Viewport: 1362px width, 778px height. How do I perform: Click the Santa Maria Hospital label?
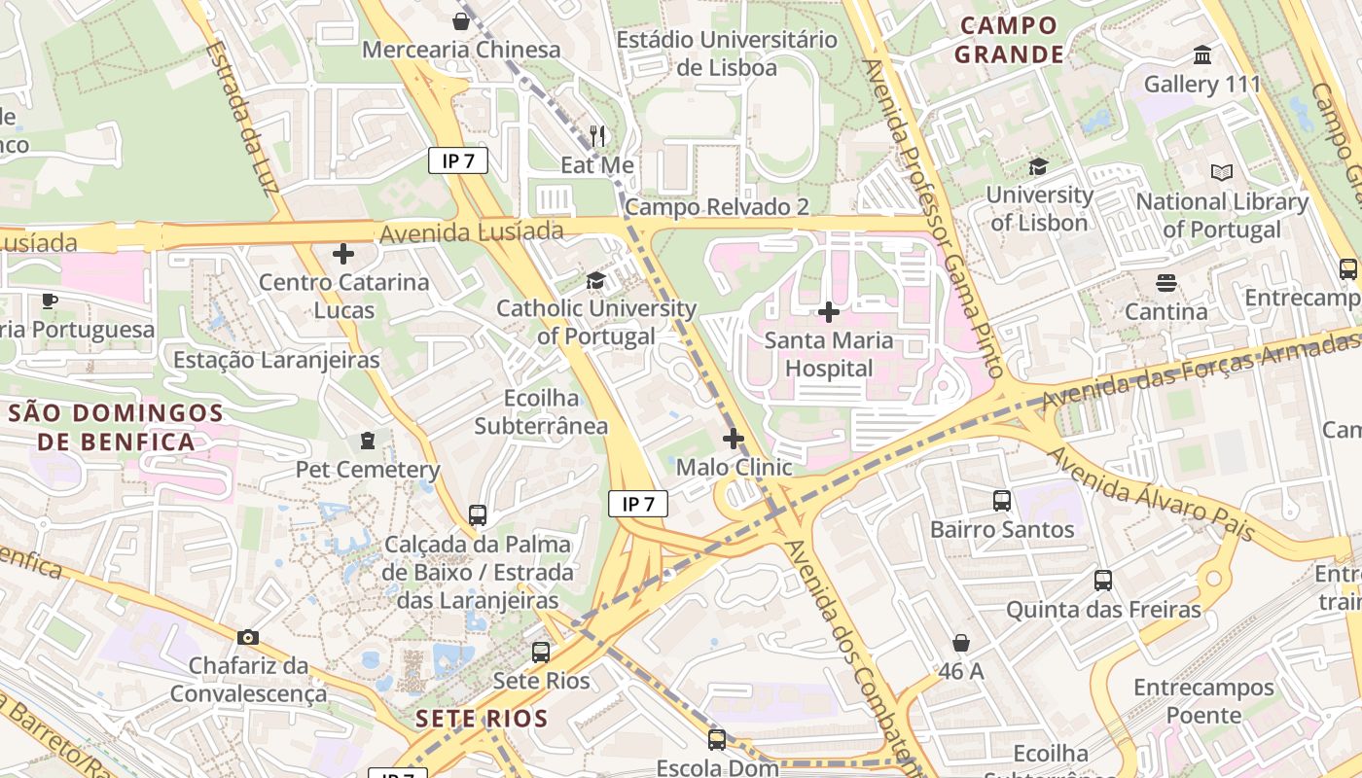(x=829, y=355)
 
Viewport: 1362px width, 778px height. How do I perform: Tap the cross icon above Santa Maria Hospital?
(x=829, y=312)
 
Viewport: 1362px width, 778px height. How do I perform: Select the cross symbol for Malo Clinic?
(x=734, y=439)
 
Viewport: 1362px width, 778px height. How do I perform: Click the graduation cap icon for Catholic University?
(x=594, y=281)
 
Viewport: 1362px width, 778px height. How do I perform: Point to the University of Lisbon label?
(x=1039, y=208)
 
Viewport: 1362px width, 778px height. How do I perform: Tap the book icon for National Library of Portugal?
(x=1222, y=172)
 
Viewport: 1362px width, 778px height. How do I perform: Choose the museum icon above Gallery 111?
(x=1202, y=54)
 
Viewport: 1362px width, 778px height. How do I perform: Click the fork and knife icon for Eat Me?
(x=597, y=135)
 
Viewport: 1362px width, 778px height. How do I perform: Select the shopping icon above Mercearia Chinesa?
(x=461, y=20)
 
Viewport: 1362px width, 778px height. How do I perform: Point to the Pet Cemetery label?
(x=368, y=470)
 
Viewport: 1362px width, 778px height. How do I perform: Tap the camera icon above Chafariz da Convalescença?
(x=248, y=638)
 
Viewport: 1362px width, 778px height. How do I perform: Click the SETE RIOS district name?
(x=481, y=720)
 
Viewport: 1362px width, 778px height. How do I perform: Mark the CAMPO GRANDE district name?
(x=1008, y=40)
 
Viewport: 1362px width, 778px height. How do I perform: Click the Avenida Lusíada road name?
(x=472, y=232)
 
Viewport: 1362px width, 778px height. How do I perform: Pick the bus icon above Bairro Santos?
(x=1002, y=501)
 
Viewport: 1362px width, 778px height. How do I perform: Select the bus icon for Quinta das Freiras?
(x=1103, y=581)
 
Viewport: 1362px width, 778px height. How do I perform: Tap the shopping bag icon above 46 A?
(x=961, y=643)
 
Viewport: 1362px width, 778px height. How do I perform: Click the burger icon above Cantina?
(x=1165, y=283)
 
